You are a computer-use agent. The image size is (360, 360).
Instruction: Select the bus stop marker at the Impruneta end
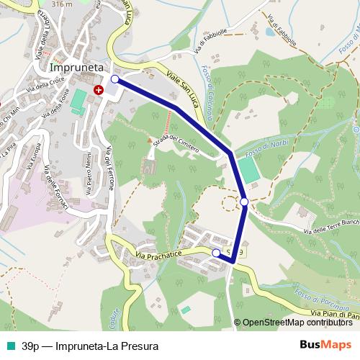[114, 79]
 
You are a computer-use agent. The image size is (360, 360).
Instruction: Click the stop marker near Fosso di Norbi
[245, 202]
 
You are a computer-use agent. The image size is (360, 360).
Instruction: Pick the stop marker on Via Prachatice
[216, 253]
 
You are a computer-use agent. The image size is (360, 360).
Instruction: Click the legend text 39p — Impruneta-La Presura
[89, 346]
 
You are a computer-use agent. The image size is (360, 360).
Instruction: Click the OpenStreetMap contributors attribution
[297, 323]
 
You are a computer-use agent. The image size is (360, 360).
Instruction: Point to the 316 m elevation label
[63, 4]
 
